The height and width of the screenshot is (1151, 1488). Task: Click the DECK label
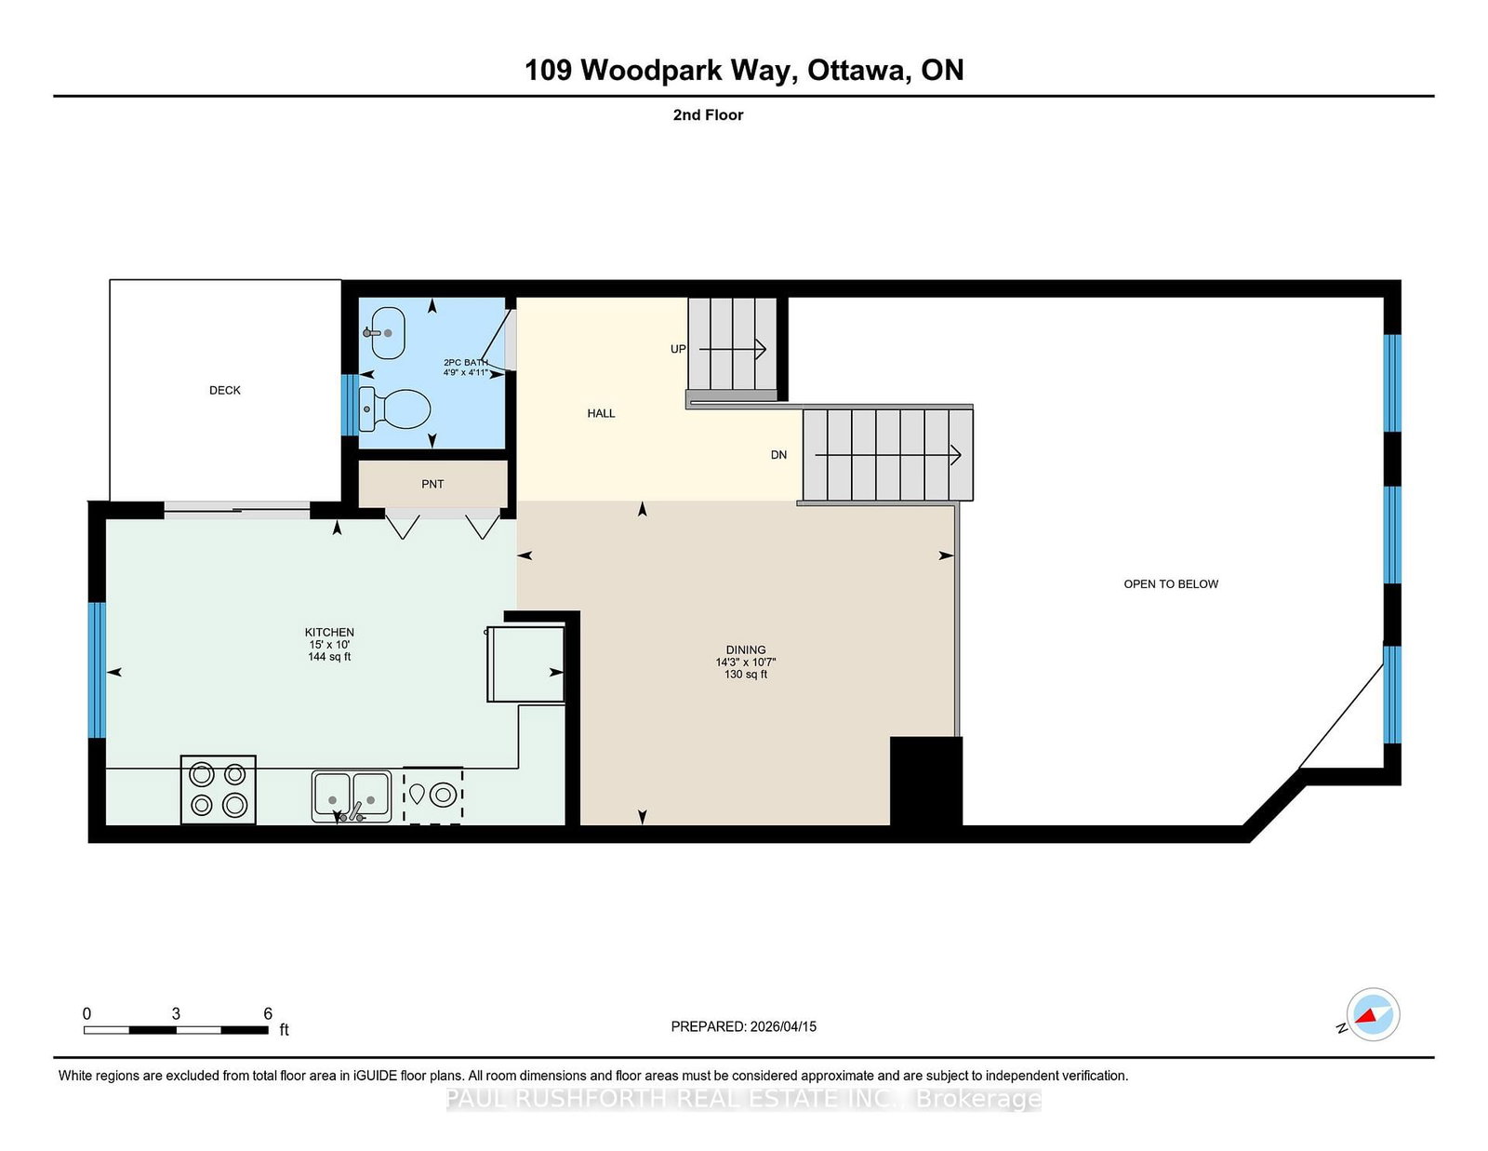point(224,390)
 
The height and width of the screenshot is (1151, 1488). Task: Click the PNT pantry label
point(432,484)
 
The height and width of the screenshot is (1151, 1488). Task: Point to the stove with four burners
point(219,789)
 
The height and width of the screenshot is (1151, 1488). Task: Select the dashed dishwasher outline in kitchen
point(433,796)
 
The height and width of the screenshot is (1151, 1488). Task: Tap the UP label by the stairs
point(678,349)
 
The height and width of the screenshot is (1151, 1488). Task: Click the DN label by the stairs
point(778,455)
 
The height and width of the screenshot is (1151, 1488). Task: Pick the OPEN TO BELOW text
point(1171,584)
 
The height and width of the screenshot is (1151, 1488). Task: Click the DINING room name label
point(746,649)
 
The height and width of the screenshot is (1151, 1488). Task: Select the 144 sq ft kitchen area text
point(329,657)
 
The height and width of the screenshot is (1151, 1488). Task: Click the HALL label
point(601,413)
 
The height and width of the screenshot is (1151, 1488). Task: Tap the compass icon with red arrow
point(1373,1015)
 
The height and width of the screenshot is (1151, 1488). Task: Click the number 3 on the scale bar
point(176,1013)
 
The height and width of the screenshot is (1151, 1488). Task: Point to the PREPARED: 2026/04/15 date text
point(743,1026)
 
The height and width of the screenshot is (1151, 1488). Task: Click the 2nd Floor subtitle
point(708,115)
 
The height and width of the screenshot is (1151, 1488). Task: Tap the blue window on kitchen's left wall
point(97,670)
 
